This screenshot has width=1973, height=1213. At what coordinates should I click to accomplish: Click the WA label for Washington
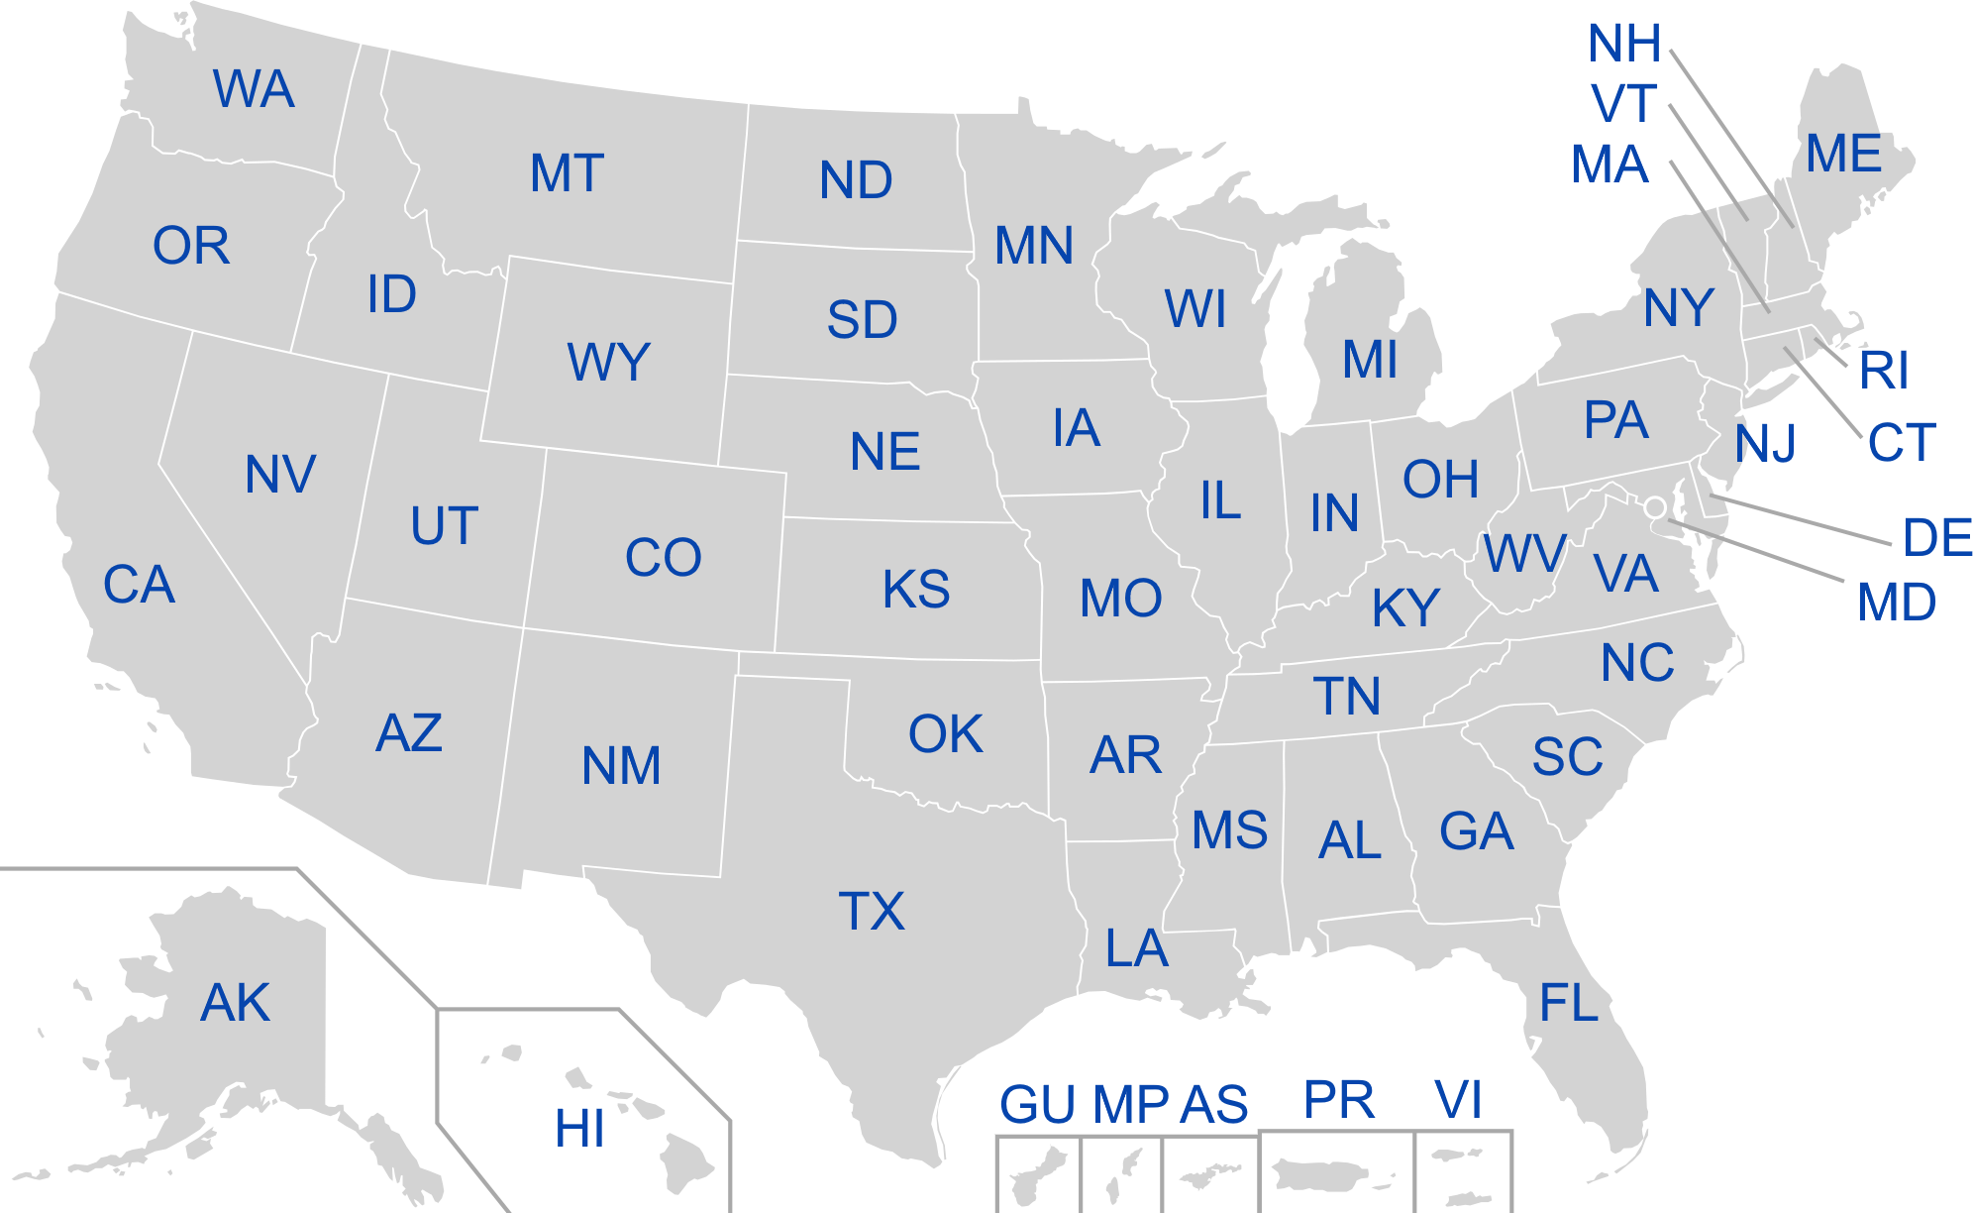coord(254,89)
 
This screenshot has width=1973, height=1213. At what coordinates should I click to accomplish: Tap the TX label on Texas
coord(872,911)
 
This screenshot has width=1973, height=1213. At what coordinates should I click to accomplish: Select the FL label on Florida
coord(1569,1003)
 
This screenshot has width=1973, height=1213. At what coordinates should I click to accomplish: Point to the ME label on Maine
coord(1843,154)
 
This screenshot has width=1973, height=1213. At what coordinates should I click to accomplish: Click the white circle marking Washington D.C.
coord(1654,507)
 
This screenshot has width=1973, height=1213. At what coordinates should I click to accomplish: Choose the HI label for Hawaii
coord(579,1128)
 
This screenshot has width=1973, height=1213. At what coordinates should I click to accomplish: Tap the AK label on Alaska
coord(235,1002)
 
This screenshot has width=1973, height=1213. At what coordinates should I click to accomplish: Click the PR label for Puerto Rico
coord(1339,1099)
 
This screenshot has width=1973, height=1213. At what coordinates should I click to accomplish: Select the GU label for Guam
coord(1037,1105)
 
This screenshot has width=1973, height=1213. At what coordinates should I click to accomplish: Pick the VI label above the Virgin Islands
coord(1458,1099)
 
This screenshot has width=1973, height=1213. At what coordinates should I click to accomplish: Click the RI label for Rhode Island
coord(1883,371)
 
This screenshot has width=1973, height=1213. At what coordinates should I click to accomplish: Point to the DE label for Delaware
coord(1936,537)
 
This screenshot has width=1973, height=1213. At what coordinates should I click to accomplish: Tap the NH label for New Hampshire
coord(1624,44)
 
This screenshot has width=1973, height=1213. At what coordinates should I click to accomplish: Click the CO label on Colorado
coord(663,557)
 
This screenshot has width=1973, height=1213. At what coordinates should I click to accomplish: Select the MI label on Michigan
coord(1370,359)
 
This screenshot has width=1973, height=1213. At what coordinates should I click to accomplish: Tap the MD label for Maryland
coord(1896,602)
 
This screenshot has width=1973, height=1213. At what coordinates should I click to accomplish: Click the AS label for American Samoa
coord(1213,1105)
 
